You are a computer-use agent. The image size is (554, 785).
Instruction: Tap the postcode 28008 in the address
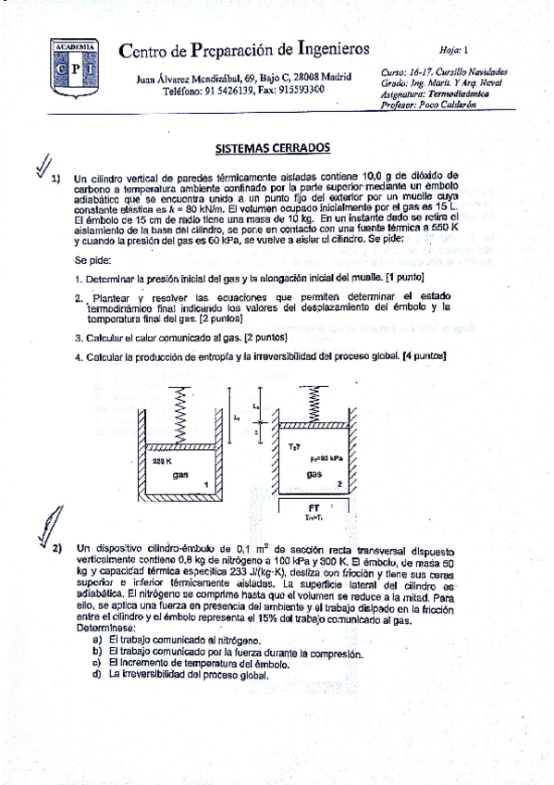[x=294, y=79]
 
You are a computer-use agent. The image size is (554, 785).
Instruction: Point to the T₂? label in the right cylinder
[x=293, y=447]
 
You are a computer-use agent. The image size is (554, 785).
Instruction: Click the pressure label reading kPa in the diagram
[x=327, y=457]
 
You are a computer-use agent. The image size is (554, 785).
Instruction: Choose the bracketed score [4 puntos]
[x=425, y=356]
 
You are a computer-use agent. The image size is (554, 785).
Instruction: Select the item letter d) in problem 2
[x=97, y=674]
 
